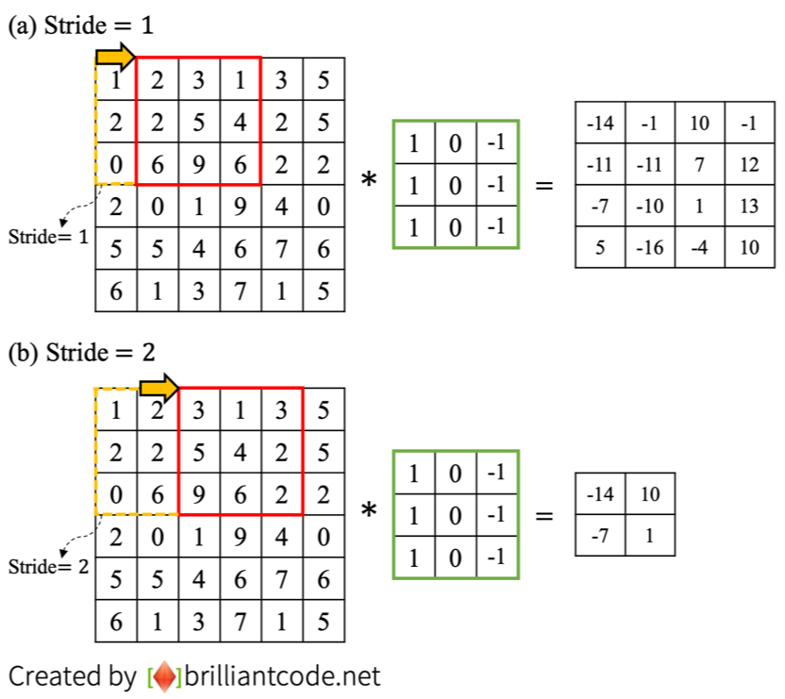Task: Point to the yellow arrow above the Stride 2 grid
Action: click(159, 386)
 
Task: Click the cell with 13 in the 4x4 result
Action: click(750, 207)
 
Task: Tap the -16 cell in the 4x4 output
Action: click(650, 248)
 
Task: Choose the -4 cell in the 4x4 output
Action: click(700, 248)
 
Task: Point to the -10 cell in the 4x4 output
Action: click(650, 207)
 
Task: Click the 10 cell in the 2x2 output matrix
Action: click(649, 494)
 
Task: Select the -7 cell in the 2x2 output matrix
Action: click(599, 534)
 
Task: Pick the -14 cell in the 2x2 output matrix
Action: click(599, 494)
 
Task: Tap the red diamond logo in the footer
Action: click(165, 676)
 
